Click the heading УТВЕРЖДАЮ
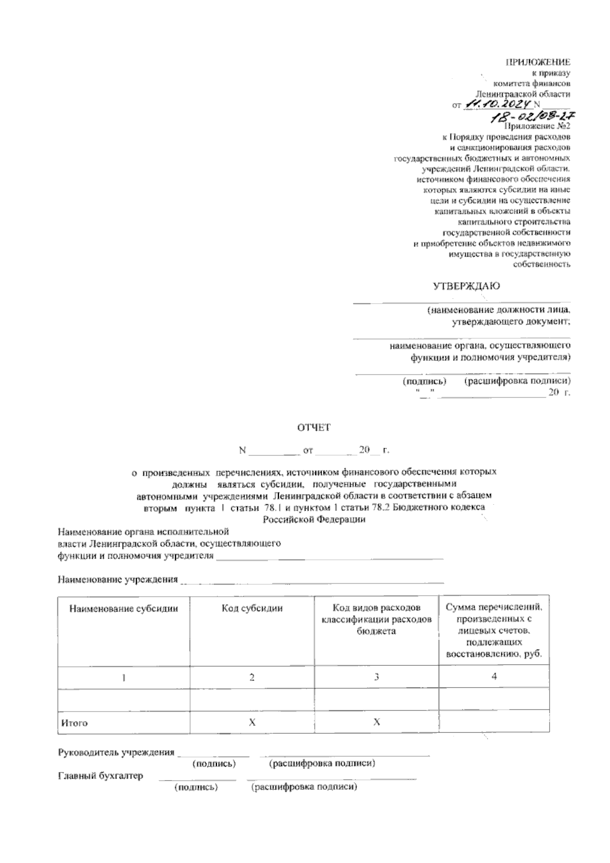coord(466,286)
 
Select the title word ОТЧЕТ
coord(314,428)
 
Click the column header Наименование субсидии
coord(124,608)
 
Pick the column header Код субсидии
coord(252,608)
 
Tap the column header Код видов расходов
coord(377,608)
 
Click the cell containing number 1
coord(124,677)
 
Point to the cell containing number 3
coord(377,677)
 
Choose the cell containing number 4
coord(494,676)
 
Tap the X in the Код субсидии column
coord(252,722)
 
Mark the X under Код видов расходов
coord(377,722)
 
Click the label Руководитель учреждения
coord(116,752)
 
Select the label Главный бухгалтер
coord(101,776)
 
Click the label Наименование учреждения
coord(118,579)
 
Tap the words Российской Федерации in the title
coord(314,519)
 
